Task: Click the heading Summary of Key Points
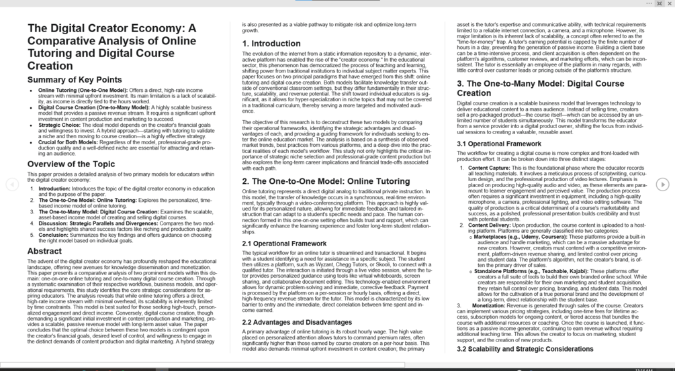pyautogui.click(x=75, y=80)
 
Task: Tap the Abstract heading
pyautogui.click(x=44, y=251)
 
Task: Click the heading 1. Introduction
pyautogui.click(x=271, y=44)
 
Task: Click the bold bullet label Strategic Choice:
pyautogui.click(x=60, y=125)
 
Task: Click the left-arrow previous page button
pyautogui.click(x=11, y=184)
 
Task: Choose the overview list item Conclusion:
pyautogui.click(x=52, y=235)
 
